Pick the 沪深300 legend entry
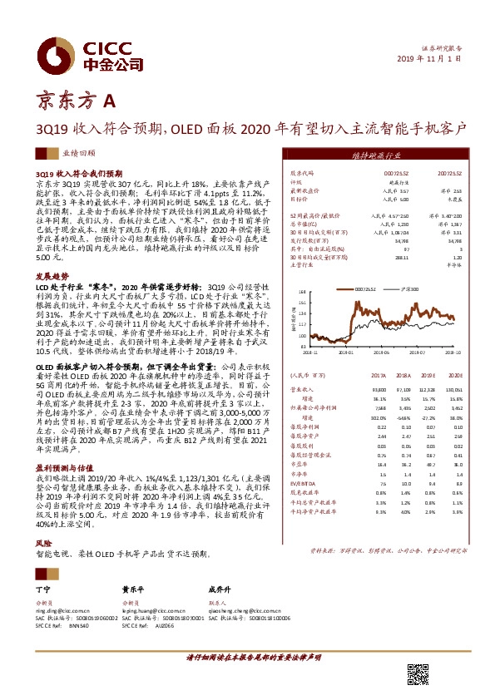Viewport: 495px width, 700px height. tap(408, 289)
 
